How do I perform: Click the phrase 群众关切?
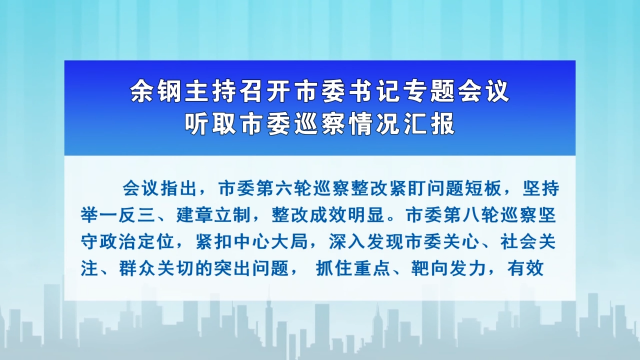coord(165,267)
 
